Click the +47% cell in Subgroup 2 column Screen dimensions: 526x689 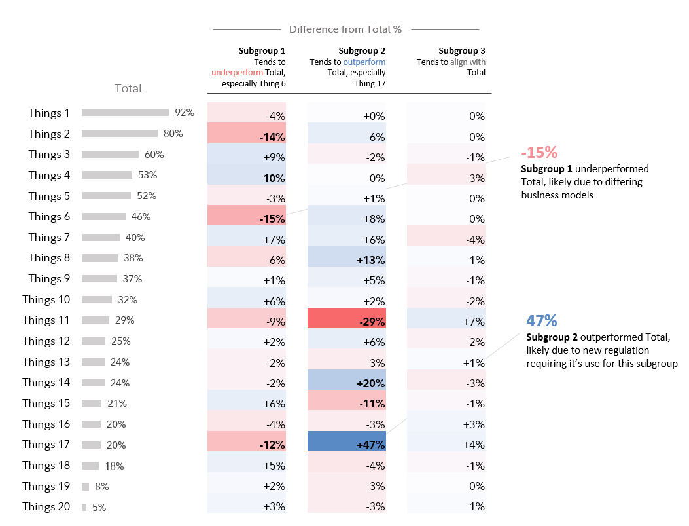click(x=347, y=444)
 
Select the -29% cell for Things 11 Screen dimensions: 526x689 click(x=347, y=320)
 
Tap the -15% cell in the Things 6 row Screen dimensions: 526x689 click(x=247, y=217)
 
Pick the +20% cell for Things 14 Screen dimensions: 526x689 click(x=347, y=383)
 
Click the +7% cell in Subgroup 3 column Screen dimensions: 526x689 click(x=446, y=320)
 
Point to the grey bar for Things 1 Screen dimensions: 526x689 click(x=125, y=113)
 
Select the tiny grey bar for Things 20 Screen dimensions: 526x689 click(x=84, y=507)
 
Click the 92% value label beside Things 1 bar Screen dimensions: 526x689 click(x=185, y=113)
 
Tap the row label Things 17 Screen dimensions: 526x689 click(x=46, y=444)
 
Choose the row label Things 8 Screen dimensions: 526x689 click(x=48, y=258)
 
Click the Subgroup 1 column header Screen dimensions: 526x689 click(x=262, y=50)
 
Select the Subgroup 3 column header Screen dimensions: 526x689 click(x=462, y=50)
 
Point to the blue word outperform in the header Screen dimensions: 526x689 click(x=365, y=62)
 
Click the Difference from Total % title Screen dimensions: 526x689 click(x=345, y=29)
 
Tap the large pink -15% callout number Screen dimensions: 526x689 click(x=539, y=153)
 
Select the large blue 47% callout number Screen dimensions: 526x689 click(x=541, y=321)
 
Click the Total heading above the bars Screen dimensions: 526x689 click(x=128, y=88)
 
